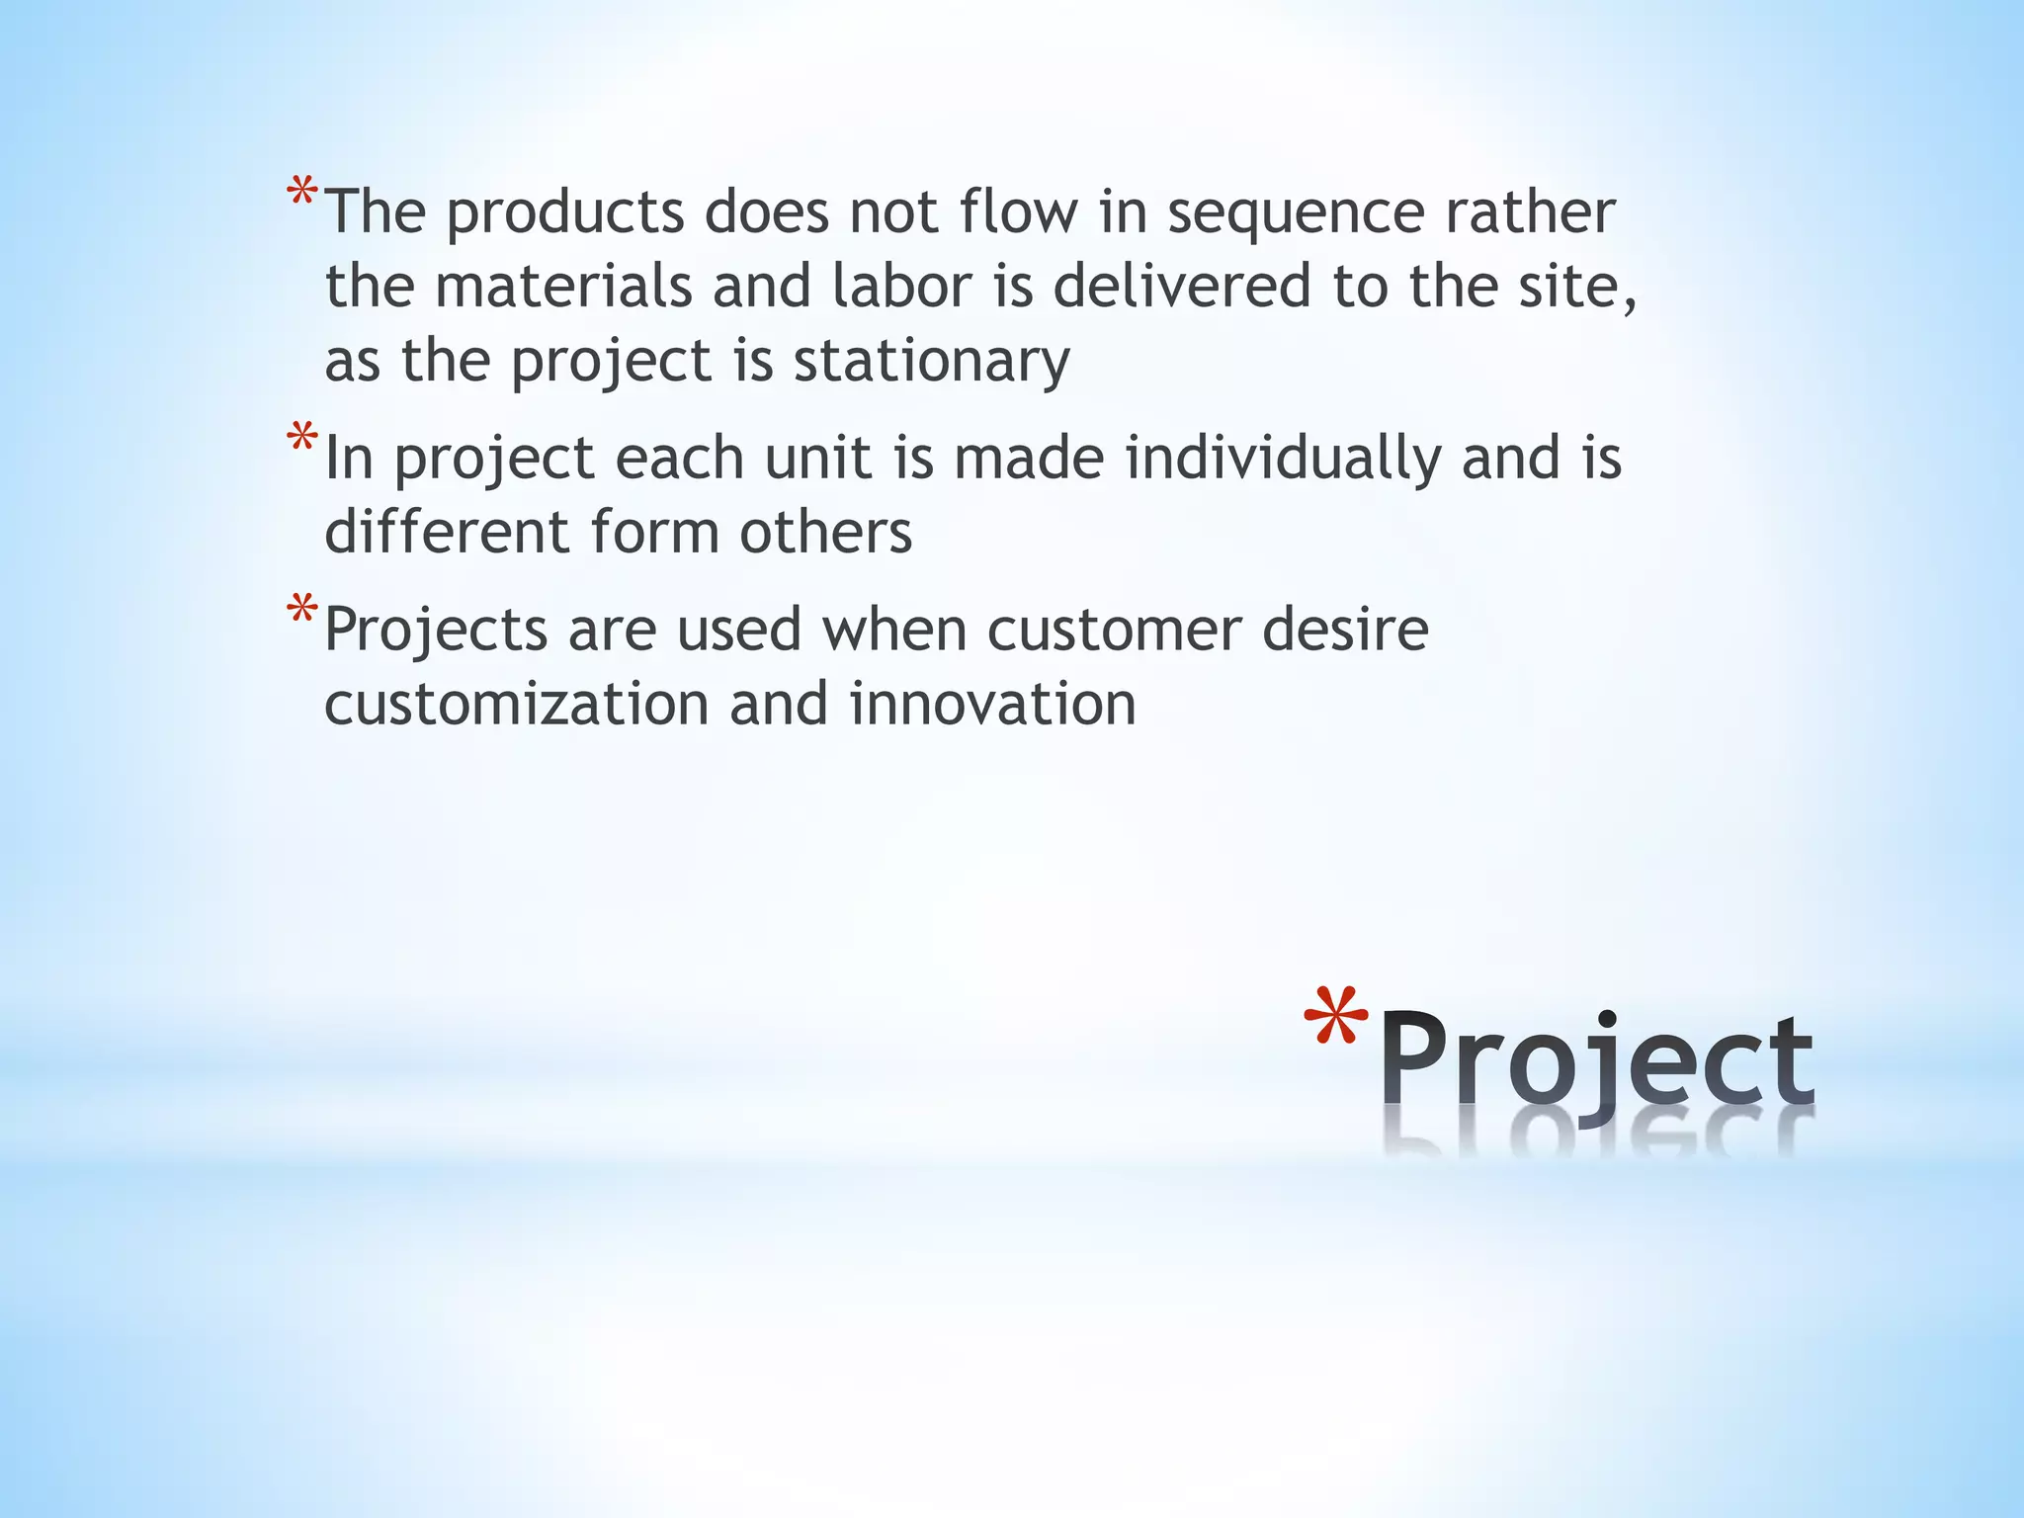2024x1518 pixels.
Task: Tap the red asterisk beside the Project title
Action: [1335, 1024]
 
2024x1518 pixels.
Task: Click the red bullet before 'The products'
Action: [302, 193]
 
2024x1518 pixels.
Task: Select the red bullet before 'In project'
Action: [302, 439]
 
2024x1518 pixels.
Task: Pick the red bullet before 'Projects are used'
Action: [302, 610]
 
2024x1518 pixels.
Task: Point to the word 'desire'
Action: [1345, 630]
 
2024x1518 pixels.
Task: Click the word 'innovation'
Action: [992, 704]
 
